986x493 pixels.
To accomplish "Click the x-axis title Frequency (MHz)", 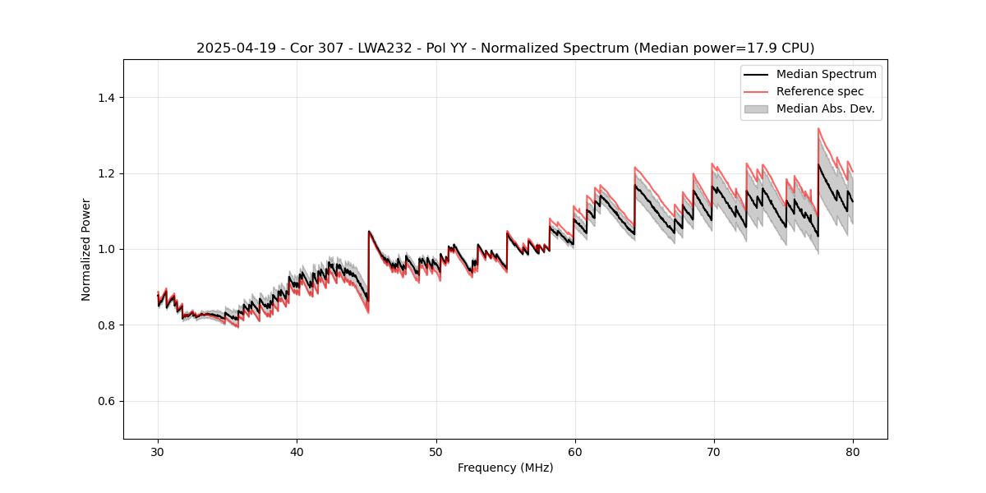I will (x=505, y=468).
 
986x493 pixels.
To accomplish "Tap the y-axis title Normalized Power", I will (x=86, y=249).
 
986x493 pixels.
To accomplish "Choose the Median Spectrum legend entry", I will (x=826, y=74).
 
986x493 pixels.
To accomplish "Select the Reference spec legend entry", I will (x=820, y=91).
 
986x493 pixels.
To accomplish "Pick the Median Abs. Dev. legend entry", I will (x=825, y=108).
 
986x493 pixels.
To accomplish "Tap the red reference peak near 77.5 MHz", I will (x=818, y=128).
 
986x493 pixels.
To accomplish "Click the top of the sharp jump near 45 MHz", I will (x=369, y=231).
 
